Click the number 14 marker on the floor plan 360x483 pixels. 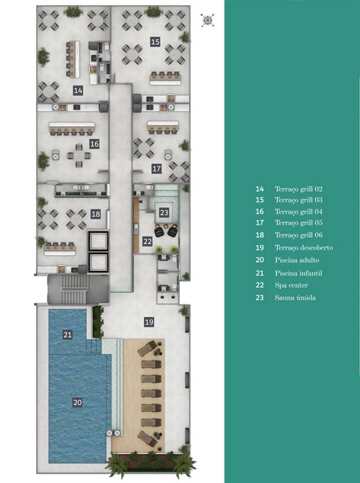pos(78,91)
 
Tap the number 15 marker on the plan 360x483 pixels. pos(155,42)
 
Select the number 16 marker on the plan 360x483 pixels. pos(94,144)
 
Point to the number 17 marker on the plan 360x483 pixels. pos(157,169)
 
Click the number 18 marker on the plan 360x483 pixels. pos(96,214)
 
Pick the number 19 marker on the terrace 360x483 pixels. pos(149,322)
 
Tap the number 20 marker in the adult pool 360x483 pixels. pos(77,402)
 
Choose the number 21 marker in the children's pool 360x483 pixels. pos(67,335)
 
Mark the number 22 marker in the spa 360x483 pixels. pos(147,241)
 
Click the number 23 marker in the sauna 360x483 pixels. pos(164,213)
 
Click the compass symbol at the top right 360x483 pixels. pos(207,20)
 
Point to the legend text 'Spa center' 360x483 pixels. pos(291,285)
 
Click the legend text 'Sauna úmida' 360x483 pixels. pos(295,297)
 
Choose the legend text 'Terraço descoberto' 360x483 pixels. pos(304,248)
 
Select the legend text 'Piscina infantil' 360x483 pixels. pos(298,273)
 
